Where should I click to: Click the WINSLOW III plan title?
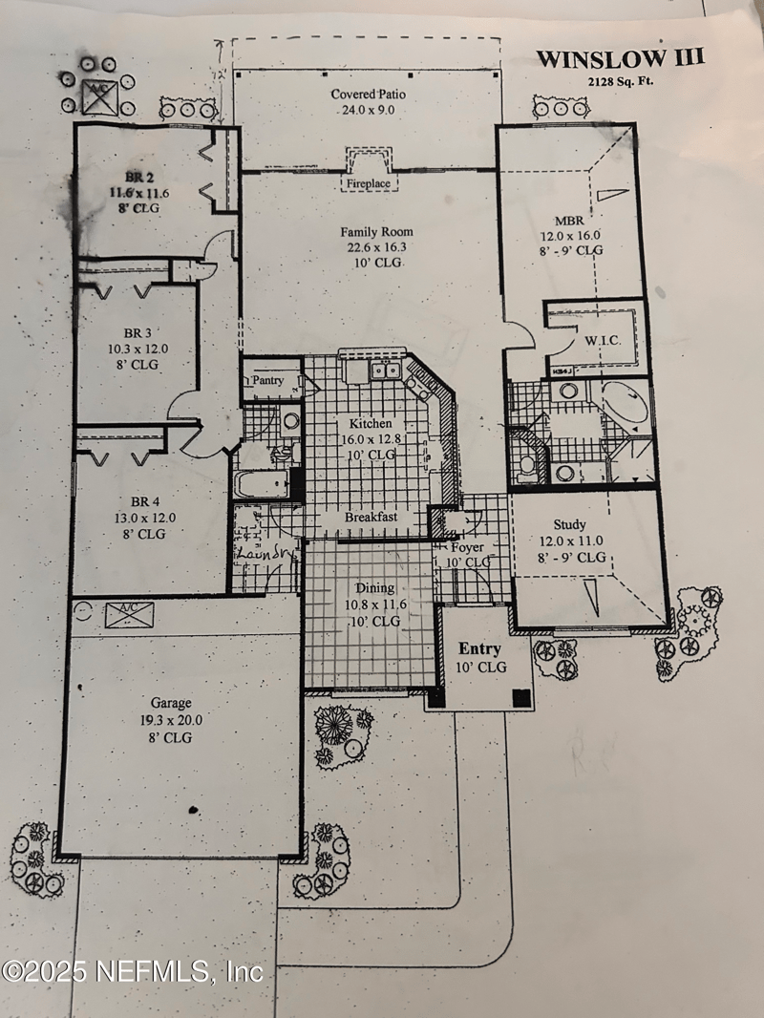[x=620, y=58]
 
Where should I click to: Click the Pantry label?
[x=267, y=380]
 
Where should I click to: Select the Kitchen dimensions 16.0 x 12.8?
[x=368, y=438]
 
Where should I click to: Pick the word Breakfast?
[x=371, y=517]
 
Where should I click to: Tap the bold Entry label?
[x=479, y=649]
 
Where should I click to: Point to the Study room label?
[x=569, y=524]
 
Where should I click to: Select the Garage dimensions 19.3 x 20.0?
[x=170, y=722]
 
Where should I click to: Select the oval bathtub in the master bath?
[x=625, y=407]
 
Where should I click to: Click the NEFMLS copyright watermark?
[x=132, y=972]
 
